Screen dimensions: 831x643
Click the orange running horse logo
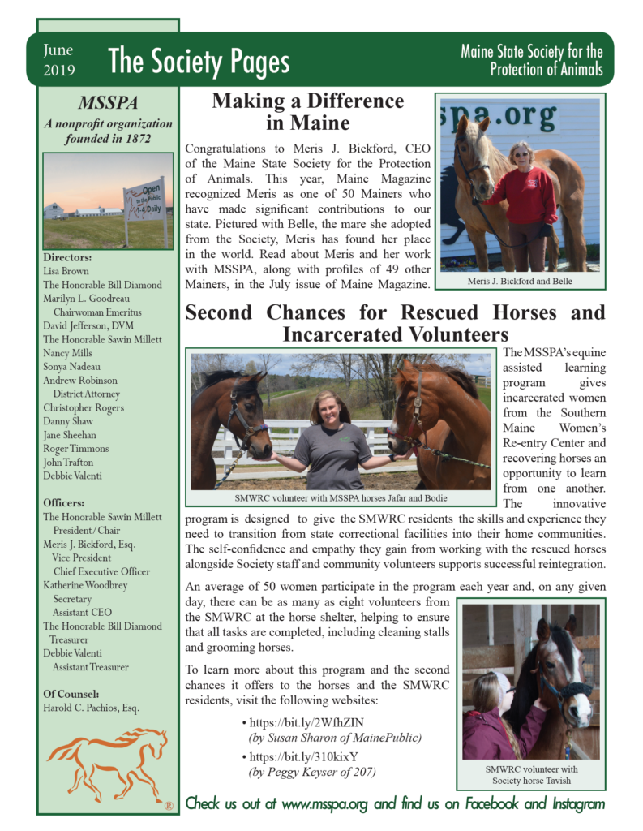click(x=107, y=764)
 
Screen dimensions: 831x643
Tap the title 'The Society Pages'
click(x=199, y=62)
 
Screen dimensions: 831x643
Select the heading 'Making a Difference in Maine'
click(x=307, y=112)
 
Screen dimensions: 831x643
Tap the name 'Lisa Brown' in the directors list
click(x=66, y=271)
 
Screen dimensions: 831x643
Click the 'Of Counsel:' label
click(x=71, y=693)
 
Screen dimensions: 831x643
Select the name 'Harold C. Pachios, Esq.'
click(x=92, y=708)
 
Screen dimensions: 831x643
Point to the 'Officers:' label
click(x=64, y=503)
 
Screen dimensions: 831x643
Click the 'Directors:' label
click(x=67, y=257)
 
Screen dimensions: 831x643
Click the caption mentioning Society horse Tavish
click(x=530, y=775)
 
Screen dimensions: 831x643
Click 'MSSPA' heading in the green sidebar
click(x=108, y=104)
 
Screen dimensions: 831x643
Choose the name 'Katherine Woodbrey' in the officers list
click(x=85, y=585)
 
